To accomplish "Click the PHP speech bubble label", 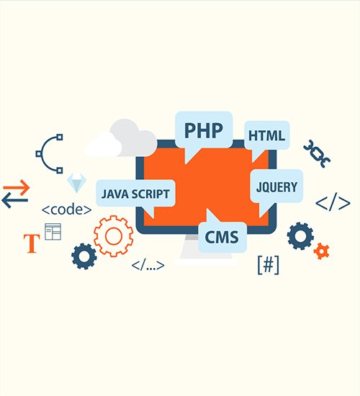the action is (x=204, y=130).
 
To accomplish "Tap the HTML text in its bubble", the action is (x=267, y=135).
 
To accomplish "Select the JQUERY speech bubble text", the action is (x=276, y=187).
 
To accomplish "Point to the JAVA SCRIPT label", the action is (x=135, y=194).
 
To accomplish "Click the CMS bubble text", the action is (x=222, y=237).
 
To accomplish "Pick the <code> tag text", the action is (x=66, y=210).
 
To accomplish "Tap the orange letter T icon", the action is (x=32, y=243).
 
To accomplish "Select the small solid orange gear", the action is (x=321, y=251).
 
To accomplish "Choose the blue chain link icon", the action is (x=317, y=153).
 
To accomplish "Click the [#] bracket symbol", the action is (x=269, y=265).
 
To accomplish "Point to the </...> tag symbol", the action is (x=148, y=266).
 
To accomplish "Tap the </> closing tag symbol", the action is (x=333, y=202).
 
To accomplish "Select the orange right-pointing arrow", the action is (x=17, y=187).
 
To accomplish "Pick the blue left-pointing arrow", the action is (x=14, y=200).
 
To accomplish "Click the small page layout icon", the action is (x=53, y=232).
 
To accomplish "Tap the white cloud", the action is (x=104, y=145).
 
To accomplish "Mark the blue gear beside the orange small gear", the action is (x=300, y=236).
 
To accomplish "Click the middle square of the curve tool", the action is (x=38, y=153).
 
